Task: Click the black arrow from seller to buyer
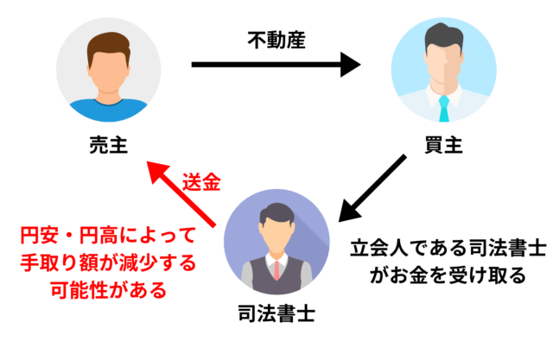click(275, 63)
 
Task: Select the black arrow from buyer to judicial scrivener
click(371, 189)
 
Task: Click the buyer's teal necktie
click(444, 107)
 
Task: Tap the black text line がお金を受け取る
click(448, 276)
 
